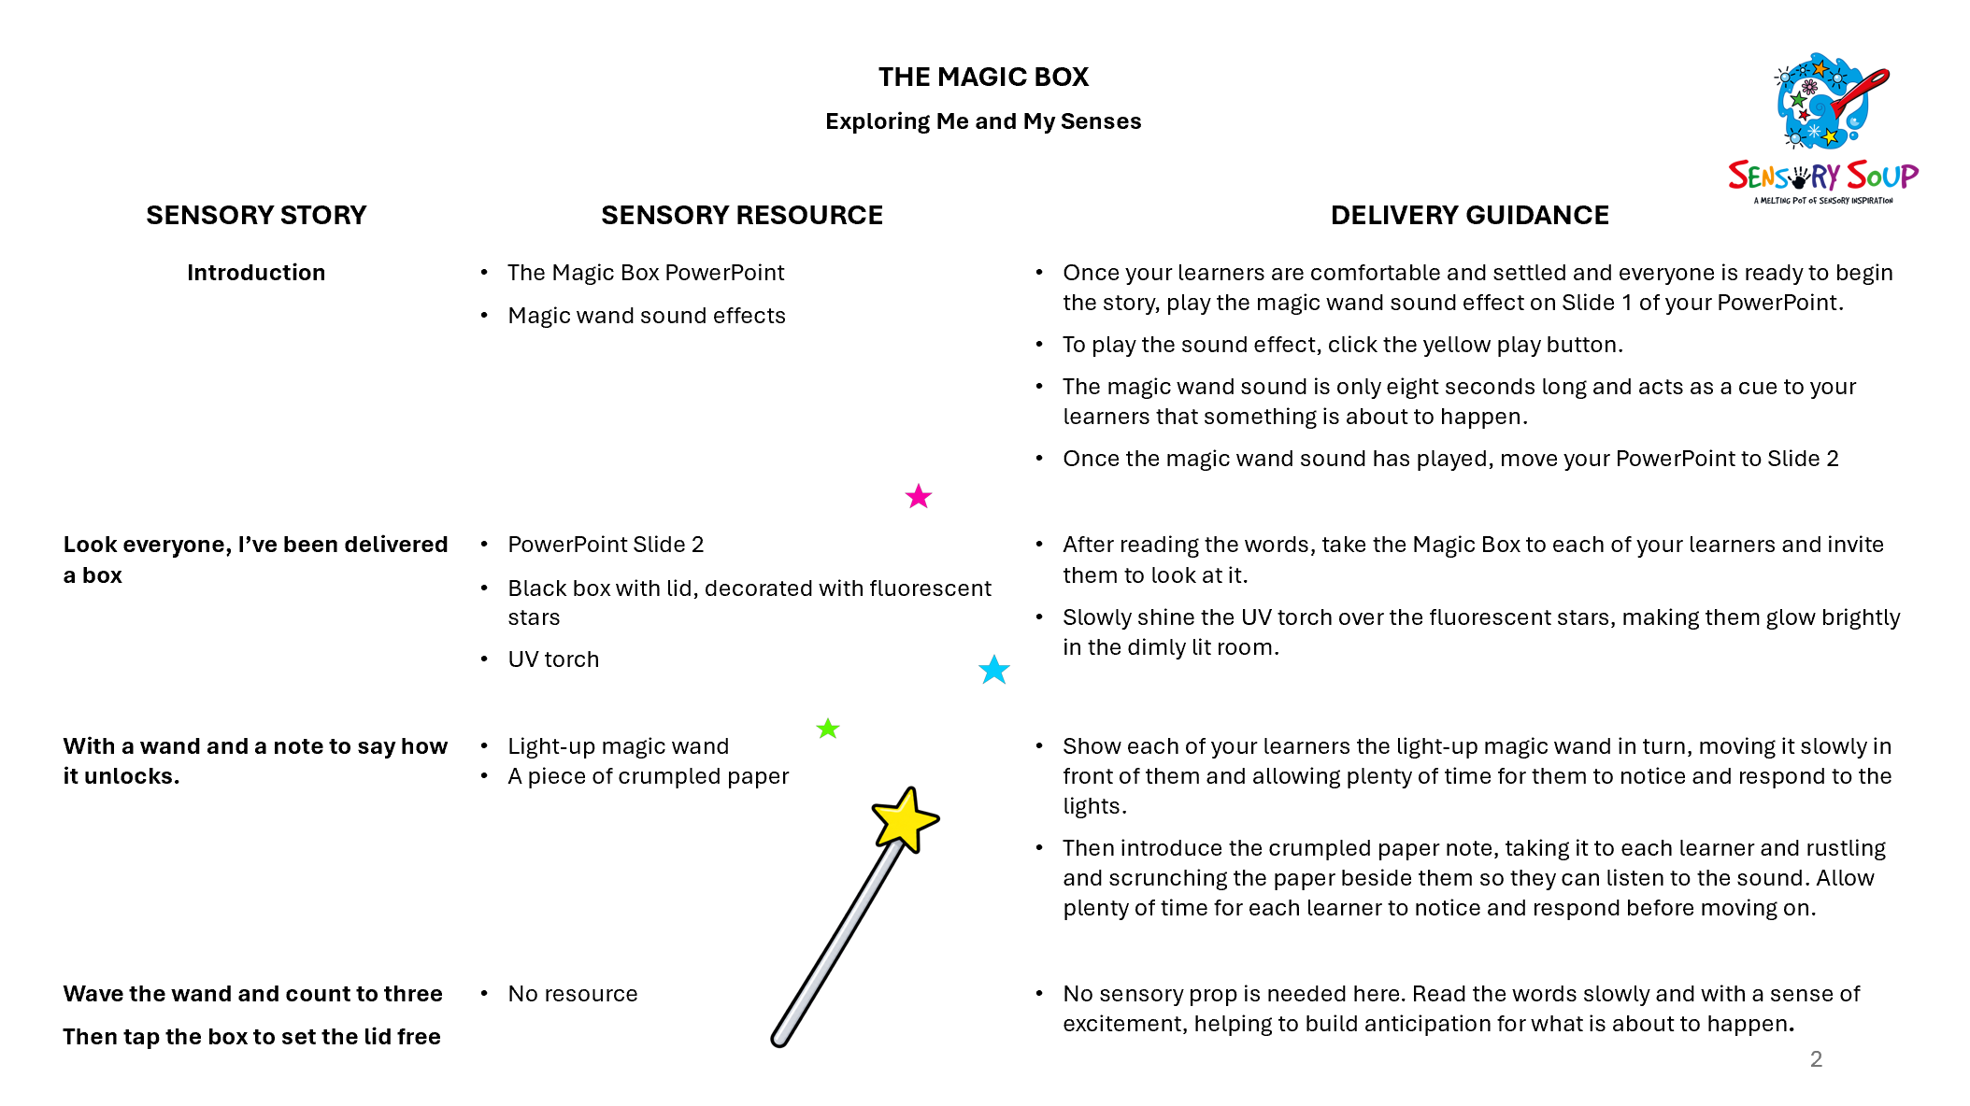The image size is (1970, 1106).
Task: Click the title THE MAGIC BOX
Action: [x=983, y=77]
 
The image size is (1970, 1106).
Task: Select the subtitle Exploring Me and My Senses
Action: [x=983, y=121]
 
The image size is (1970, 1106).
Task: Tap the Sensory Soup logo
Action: [x=1822, y=129]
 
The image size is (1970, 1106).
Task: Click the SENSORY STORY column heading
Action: [x=256, y=215]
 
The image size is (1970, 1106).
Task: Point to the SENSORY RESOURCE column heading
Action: [x=742, y=215]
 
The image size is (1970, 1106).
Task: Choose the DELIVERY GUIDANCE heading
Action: [x=1470, y=215]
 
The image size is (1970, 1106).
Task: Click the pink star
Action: [x=919, y=496]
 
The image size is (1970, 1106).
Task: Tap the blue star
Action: [x=994, y=669]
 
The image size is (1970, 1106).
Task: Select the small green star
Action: [x=828, y=728]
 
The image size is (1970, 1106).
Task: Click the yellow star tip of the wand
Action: [x=904, y=819]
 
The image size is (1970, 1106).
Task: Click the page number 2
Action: [x=1816, y=1059]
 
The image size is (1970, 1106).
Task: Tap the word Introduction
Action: [x=256, y=273]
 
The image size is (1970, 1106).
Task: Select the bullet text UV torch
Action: [x=553, y=659]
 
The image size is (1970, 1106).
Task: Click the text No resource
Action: [x=573, y=994]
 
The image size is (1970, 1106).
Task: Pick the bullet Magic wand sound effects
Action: [x=647, y=316]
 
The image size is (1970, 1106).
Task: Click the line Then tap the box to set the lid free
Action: [x=251, y=1037]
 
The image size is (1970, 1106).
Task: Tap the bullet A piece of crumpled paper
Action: [x=649, y=776]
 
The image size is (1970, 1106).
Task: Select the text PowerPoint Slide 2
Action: [x=606, y=545]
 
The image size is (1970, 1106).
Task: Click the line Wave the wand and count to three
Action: [x=252, y=994]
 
